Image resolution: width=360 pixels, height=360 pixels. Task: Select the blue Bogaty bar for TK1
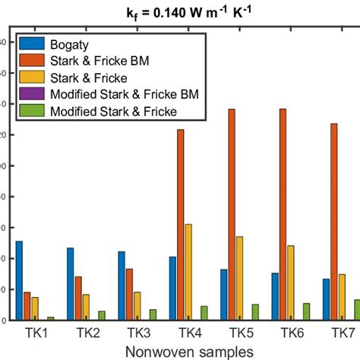19,280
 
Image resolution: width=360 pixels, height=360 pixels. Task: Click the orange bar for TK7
334,222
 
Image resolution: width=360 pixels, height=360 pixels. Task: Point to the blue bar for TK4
172,289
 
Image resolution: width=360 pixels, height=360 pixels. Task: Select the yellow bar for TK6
291,283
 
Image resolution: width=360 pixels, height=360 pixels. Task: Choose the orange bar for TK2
78,298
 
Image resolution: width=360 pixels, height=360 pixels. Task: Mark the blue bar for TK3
122,286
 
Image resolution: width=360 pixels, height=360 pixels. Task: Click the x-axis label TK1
36,333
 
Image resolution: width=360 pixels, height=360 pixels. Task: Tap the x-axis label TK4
189,333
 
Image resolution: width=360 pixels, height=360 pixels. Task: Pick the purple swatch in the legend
35,94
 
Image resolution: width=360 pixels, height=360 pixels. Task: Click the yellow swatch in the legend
35,77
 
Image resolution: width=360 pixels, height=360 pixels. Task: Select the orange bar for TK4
181,225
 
